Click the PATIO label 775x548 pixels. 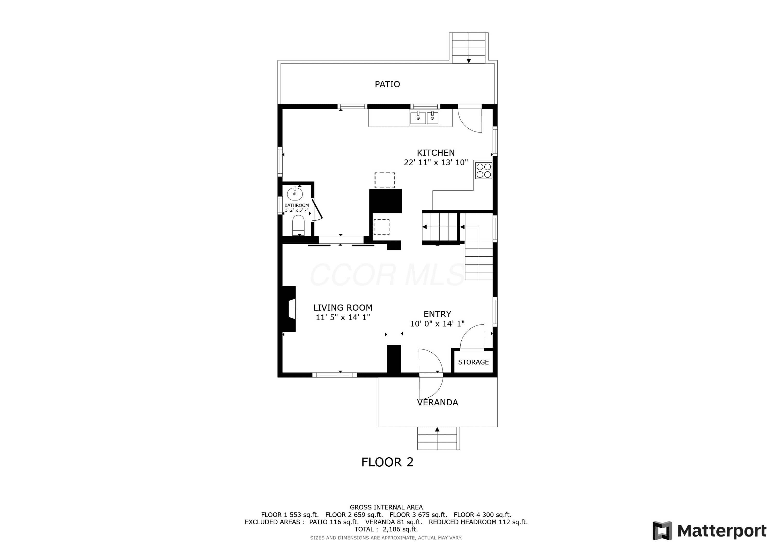click(387, 84)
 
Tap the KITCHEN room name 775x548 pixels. click(436, 153)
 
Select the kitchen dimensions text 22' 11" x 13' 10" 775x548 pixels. click(436, 163)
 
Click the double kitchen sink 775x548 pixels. click(424, 118)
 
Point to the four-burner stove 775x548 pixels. click(483, 171)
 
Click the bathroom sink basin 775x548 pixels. click(295, 194)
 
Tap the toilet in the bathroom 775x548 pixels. click(298, 226)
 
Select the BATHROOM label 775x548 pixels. click(297, 205)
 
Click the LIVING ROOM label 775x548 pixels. click(343, 308)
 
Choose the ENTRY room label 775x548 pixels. click(437, 314)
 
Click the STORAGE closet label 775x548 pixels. click(473, 362)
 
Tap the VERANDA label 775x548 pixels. click(437, 403)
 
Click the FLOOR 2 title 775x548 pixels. click(387, 462)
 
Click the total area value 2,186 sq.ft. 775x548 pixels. click(400, 529)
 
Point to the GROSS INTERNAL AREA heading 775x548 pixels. click(386, 507)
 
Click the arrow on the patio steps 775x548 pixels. click(469, 61)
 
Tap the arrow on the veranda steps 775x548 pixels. click(437, 429)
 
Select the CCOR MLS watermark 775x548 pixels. click(387, 275)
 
